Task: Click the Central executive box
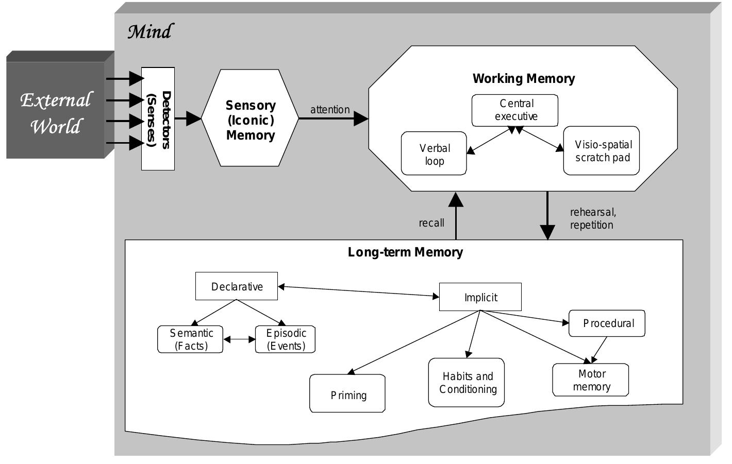tap(515, 110)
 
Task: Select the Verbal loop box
tap(434, 154)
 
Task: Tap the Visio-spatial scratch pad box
tap(602, 151)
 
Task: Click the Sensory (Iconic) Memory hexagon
tap(250, 119)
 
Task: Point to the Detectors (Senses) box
tap(158, 119)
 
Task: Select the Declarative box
tap(237, 286)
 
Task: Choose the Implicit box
tap(480, 297)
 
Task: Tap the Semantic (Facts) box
tap(190, 339)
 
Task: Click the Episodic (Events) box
tap(286, 339)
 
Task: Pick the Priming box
tap(348, 394)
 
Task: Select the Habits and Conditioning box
tap(467, 383)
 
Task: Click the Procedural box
tap(607, 323)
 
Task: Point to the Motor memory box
tap(591, 380)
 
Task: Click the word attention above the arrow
tap(330, 110)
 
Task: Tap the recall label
tap(431, 223)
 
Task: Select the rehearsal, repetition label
tap(592, 218)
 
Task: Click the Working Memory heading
tap(524, 79)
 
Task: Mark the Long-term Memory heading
tap(405, 252)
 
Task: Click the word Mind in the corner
tap(150, 32)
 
